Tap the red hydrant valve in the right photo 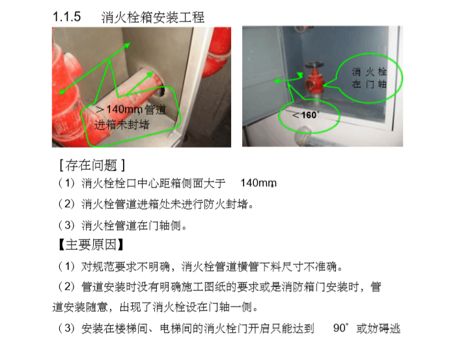point(316,81)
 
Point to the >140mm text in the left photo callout point(120,109)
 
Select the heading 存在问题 point(92,165)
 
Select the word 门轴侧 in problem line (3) point(171,226)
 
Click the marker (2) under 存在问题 point(67,205)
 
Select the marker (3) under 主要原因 point(67,328)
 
